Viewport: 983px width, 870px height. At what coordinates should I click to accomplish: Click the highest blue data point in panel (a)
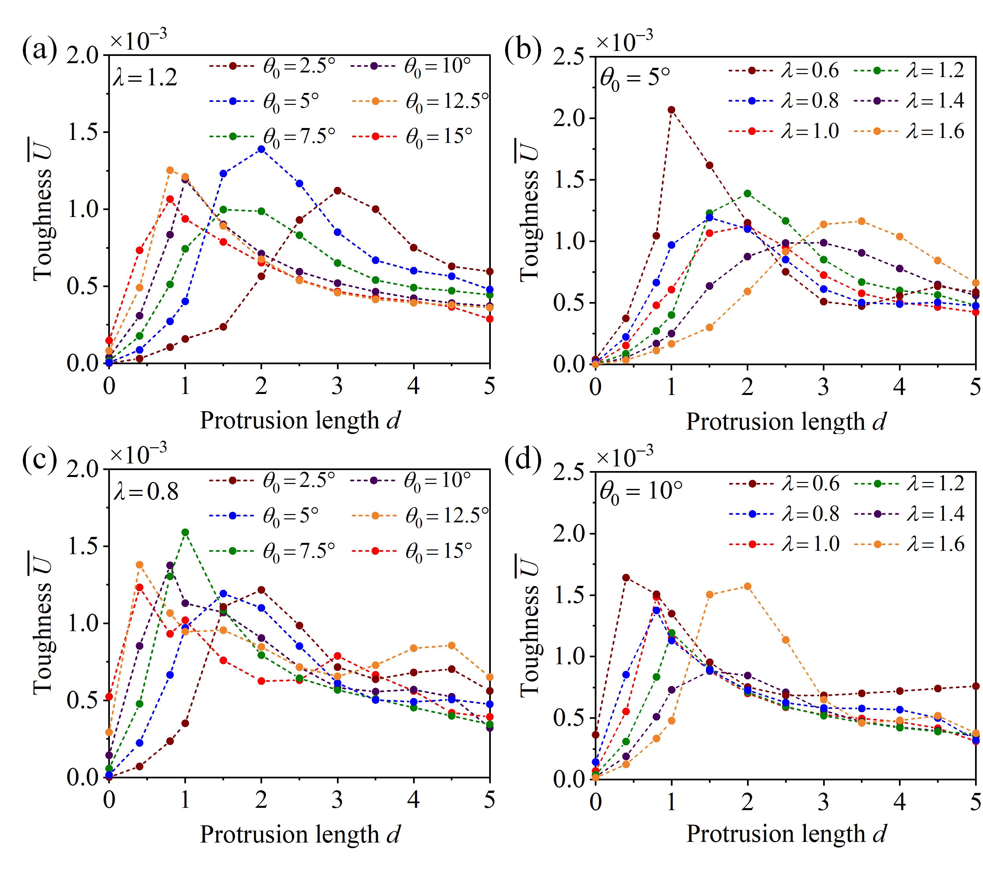coord(261,149)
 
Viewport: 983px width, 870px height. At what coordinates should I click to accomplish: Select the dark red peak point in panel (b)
coord(671,109)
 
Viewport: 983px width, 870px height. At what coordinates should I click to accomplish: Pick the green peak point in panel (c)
coord(185,532)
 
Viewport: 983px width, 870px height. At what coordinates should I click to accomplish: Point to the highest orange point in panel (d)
coord(747,587)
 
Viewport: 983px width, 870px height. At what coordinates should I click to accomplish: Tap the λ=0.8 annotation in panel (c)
coord(146,491)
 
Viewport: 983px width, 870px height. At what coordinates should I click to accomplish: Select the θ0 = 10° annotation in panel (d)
coord(640,491)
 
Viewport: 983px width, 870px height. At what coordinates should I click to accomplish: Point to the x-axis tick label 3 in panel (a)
coord(337,385)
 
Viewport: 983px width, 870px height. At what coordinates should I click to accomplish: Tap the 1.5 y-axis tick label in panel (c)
coord(83,546)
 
